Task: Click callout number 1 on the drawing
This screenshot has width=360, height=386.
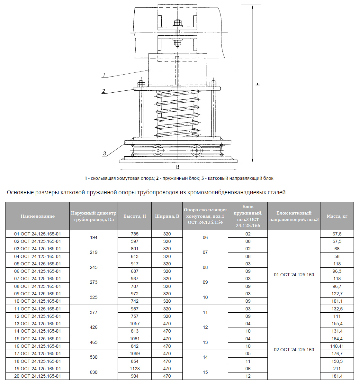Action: (104, 75)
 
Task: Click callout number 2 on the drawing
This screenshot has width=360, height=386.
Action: (104, 91)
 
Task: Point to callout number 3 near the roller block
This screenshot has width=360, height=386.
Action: (104, 153)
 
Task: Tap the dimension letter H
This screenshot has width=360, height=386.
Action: (257, 84)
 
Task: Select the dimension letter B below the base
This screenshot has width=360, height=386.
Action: (178, 167)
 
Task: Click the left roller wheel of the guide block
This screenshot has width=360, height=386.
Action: (158, 150)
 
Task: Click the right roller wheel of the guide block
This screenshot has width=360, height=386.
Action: (196, 150)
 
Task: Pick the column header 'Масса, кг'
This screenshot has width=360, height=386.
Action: (337, 216)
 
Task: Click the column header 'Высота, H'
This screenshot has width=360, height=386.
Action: (135, 216)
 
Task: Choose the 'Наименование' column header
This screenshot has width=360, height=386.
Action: (38, 216)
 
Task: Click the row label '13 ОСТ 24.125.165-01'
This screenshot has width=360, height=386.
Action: (38, 324)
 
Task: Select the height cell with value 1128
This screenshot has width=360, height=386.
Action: (135, 369)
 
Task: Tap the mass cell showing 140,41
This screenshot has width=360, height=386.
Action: (337, 346)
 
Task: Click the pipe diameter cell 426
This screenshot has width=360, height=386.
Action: (94, 327)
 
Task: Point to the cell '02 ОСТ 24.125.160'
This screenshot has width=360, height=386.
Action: (294, 350)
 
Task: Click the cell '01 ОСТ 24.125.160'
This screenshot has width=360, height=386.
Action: (294, 275)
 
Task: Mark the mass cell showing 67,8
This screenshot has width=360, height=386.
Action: (337, 234)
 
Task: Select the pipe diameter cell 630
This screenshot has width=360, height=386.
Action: (94, 372)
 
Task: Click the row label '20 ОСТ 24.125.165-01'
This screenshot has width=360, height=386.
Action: (38, 376)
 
